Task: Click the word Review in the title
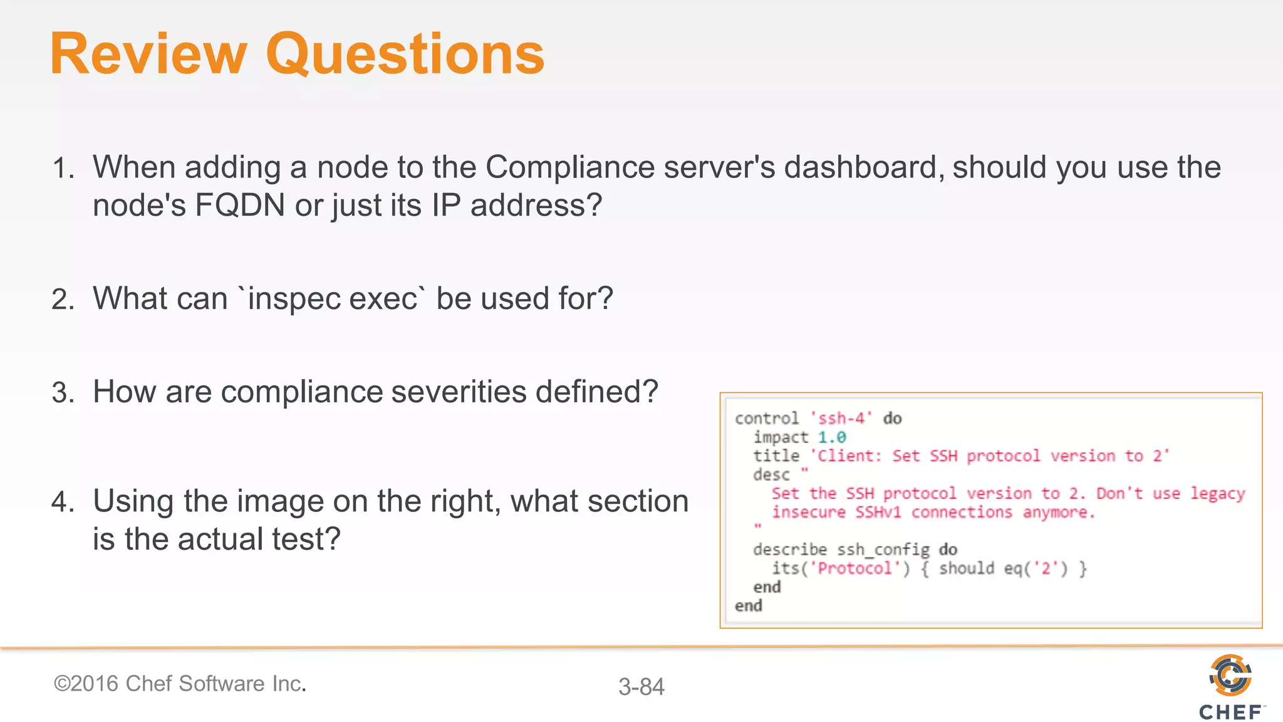(x=148, y=55)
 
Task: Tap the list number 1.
(x=63, y=169)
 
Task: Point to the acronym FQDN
(x=239, y=206)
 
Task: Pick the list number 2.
(x=63, y=300)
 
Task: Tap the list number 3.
(x=63, y=393)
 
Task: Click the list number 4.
(x=63, y=502)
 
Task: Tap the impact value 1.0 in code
(x=831, y=437)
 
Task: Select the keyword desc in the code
(x=771, y=474)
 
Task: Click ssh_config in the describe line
(x=883, y=550)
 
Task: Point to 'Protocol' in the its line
(x=854, y=568)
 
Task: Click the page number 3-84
(x=641, y=687)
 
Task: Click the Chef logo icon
(x=1230, y=675)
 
